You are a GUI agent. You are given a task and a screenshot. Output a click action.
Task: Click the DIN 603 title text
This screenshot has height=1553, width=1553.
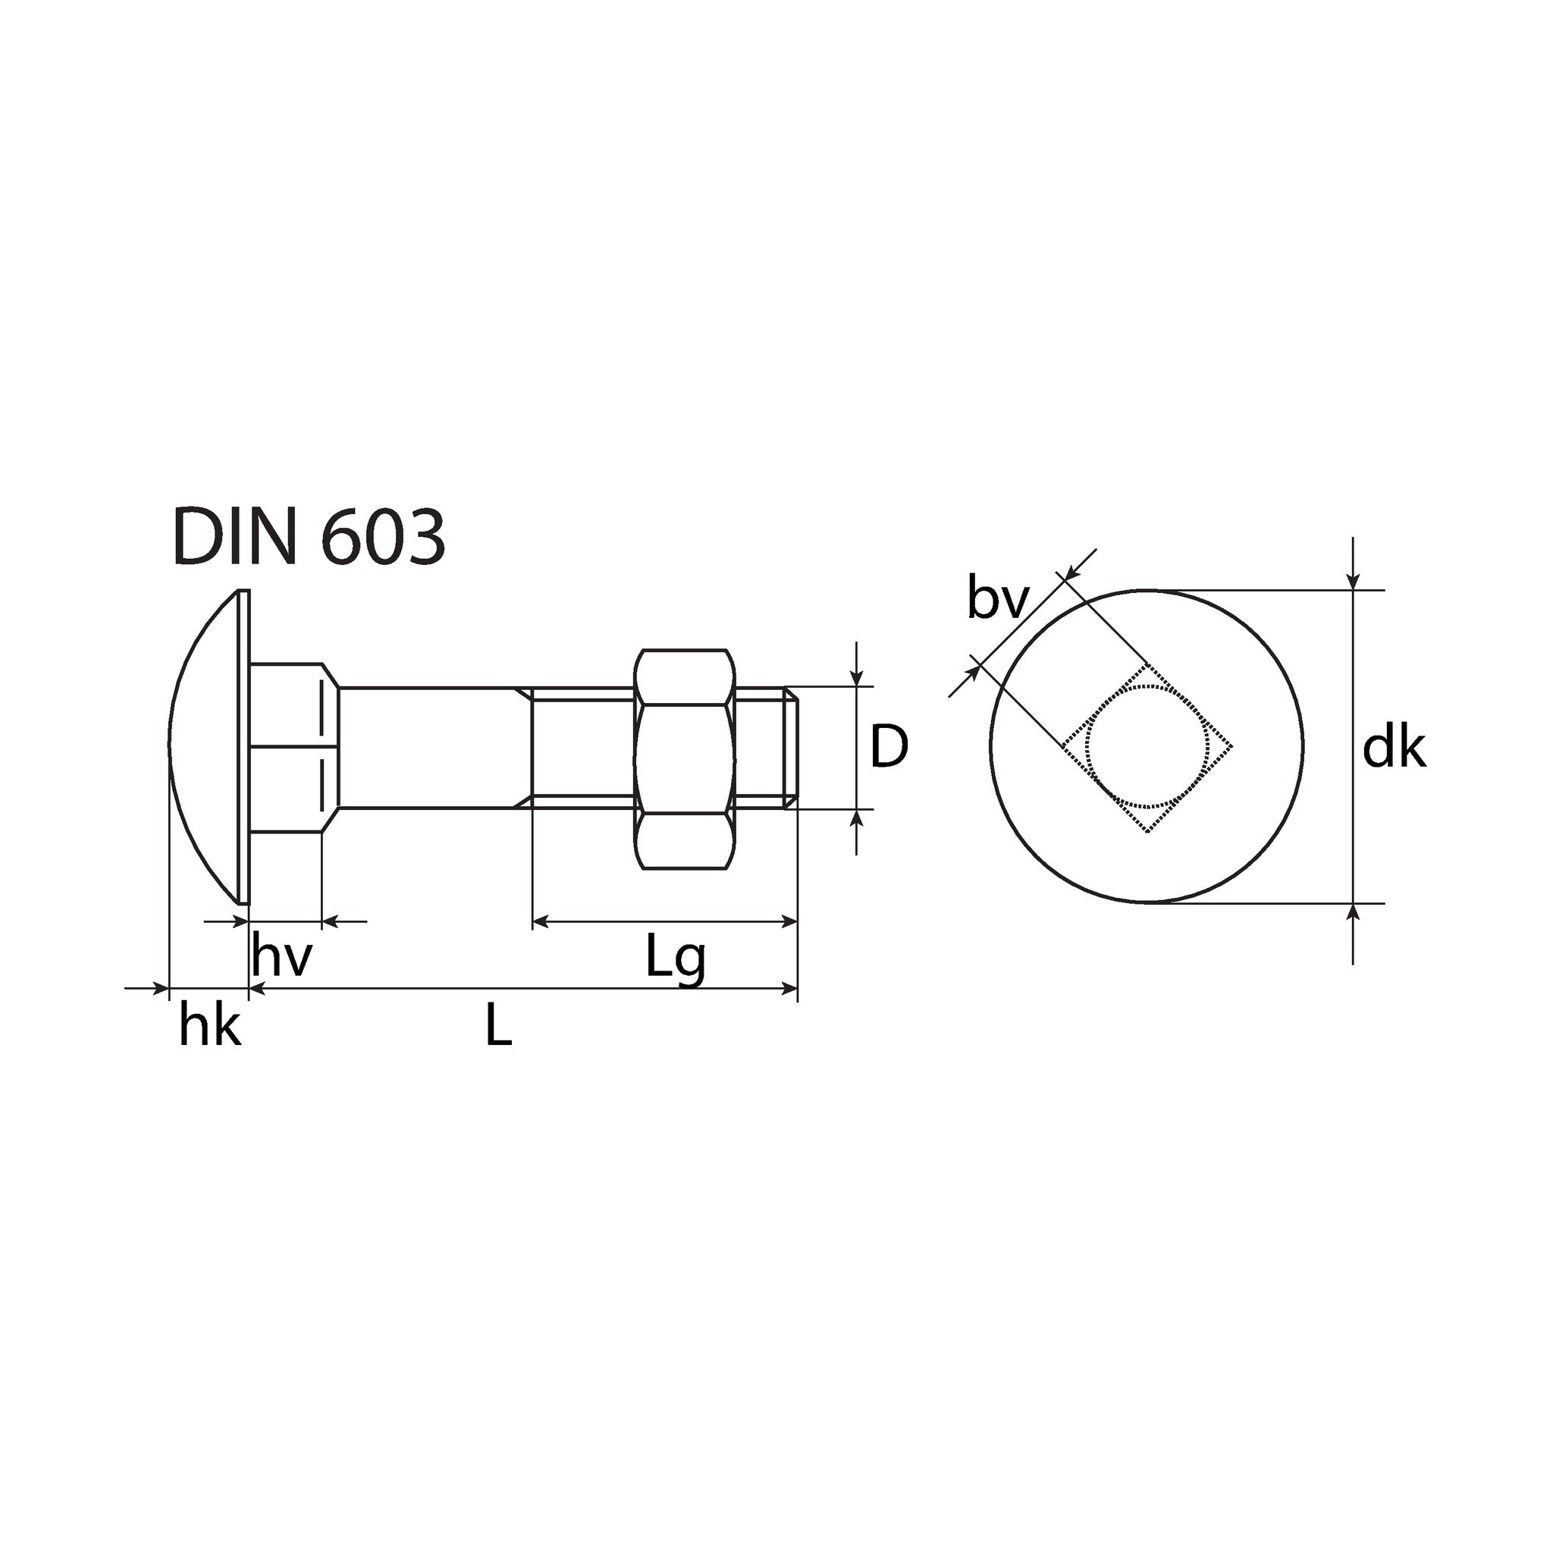[x=309, y=536]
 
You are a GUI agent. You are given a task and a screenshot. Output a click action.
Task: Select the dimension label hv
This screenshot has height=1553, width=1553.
[x=281, y=956]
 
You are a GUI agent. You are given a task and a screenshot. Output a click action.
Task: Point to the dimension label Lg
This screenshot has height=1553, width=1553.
[x=675, y=962]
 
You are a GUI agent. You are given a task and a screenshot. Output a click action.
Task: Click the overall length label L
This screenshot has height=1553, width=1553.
[x=498, y=1027]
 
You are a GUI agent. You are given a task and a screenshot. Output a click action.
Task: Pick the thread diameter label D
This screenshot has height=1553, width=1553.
[x=889, y=747]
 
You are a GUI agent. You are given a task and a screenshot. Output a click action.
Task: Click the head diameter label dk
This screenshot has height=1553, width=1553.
[x=1395, y=748]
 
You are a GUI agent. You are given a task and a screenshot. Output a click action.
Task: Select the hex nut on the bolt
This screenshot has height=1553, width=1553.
[x=684, y=760]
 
